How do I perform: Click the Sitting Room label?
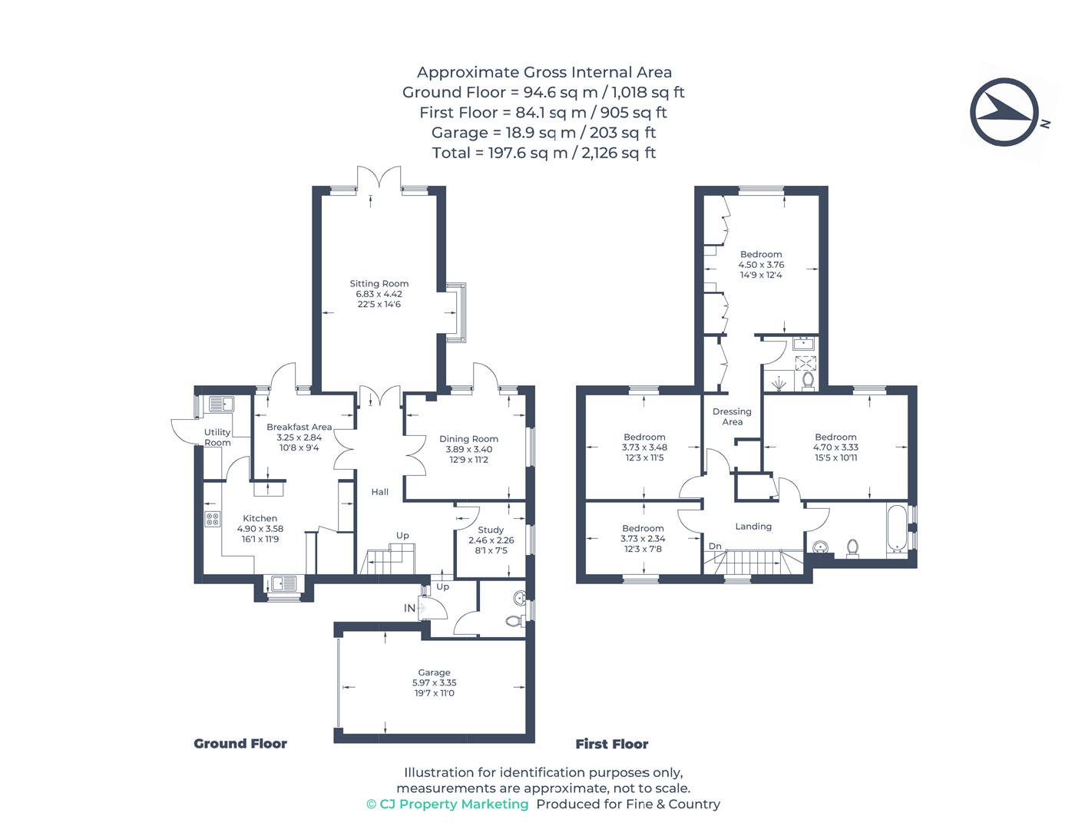pyautogui.click(x=379, y=283)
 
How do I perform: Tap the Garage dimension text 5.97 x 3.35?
pyautogui.click(x=434, y=682)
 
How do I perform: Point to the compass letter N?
pyautogui.click(x=1044, y=124)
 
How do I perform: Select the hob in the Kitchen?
pyautogui.click(x=213, y=519)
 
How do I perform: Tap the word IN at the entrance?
pyautogui.click(x=409, y=608)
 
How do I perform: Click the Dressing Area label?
pyautogui.click(x=732, y=417)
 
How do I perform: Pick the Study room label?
pyautogui.click(x=491, y=530)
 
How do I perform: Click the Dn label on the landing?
pyautogui.click(x=715, y=546)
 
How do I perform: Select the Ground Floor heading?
pyautogui.click(x=240, y=744)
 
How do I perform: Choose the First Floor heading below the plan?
pyautogui.click(x=611, y=744)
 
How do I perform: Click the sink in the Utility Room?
pyautogui.click(x=221, y=404)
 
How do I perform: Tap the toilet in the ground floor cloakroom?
pyautogui.click(x=515, y=620)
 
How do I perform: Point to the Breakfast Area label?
pyautogui.click(x=299, y=427)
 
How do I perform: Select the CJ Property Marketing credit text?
pyautogui.click(x=448, y=804)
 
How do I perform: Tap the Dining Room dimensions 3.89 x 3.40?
pyautogui.click(x=468, y=449)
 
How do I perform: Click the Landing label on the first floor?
pyautogui.click(x=753, y=527)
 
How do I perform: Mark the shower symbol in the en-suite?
pyautogui.click(x=779, y=383)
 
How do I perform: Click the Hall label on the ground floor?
pyautogui.click(x=379, y=491)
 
